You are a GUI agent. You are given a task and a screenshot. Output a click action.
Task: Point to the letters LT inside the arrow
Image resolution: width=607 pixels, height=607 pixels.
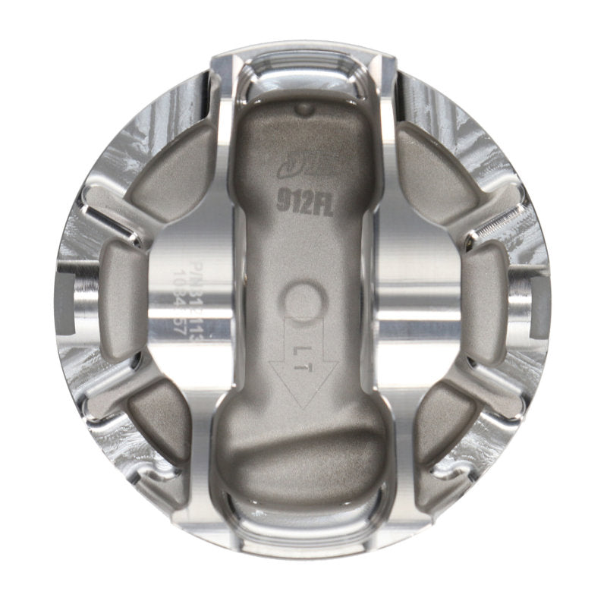(x=302, y=348)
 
